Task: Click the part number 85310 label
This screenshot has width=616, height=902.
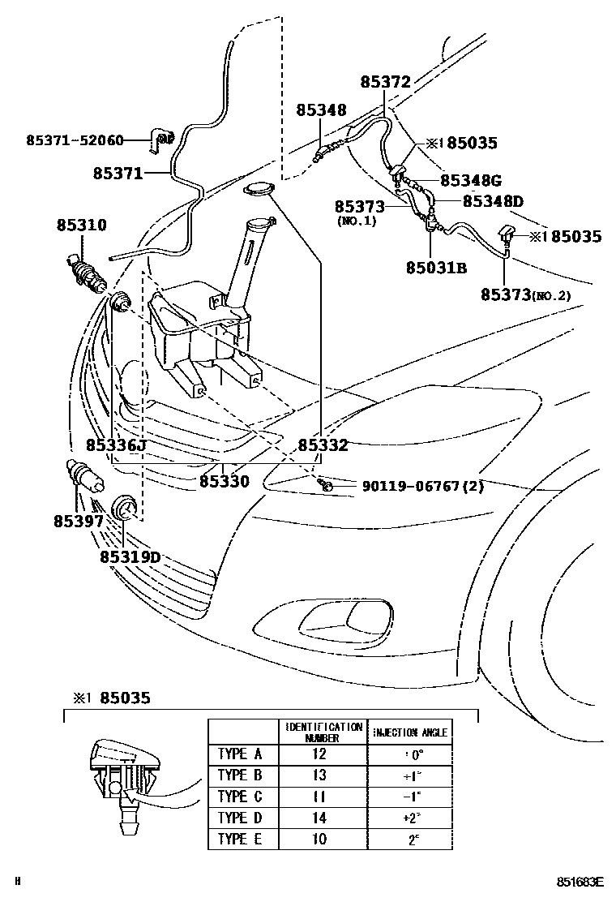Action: point(81,225)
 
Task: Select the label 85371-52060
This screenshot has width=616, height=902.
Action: point(75,140)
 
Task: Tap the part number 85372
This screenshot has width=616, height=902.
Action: point(387,82)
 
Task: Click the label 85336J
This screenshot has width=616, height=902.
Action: point(116,445)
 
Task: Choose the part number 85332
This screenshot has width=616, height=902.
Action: point(323,445)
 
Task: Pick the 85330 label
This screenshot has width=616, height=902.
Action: point(224,481)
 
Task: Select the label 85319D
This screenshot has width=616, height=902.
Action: point(130,557)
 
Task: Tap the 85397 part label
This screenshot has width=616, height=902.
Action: point(79,521)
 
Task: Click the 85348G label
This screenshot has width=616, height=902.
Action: point(471,179)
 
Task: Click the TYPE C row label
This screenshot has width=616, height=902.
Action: point(240,796)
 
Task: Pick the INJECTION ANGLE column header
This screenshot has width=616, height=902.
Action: point(410,732)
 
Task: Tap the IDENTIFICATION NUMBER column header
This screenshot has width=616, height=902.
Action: point(322,732)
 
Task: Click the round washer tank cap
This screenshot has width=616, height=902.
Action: point(259,190)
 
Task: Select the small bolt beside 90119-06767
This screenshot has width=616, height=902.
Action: point(325,485)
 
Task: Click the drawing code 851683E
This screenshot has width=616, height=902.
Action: point(580,881)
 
